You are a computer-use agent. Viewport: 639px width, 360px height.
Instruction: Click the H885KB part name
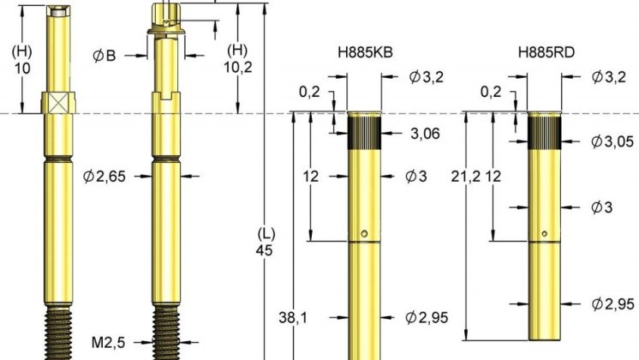[366, 52]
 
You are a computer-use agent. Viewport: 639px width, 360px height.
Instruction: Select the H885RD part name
[546, 52]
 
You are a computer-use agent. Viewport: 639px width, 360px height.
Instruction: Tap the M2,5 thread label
[109, 342]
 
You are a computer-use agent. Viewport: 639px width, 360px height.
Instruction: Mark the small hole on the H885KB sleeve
[365, 232]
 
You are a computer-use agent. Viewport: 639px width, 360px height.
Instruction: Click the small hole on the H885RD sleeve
[545, 231]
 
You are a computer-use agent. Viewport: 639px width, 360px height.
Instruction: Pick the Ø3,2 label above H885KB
[427, 77]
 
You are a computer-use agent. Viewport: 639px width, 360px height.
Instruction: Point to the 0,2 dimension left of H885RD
[491, 91]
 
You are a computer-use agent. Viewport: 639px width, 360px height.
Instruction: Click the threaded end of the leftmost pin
[59, 334]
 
